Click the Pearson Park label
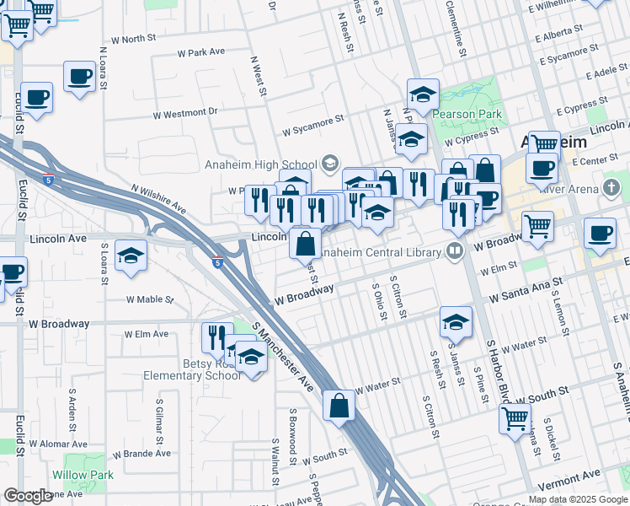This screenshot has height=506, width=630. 467,114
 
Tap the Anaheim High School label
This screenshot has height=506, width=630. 261,164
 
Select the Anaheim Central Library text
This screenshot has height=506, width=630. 381,251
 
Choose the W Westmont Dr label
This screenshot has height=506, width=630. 185,112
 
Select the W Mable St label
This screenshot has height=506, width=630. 149,299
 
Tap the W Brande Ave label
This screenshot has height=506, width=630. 141,453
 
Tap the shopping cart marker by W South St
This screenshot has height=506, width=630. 514,417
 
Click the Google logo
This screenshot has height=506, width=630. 28,496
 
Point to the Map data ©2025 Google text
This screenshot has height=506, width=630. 578,499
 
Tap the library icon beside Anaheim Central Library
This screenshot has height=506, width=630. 455,251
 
